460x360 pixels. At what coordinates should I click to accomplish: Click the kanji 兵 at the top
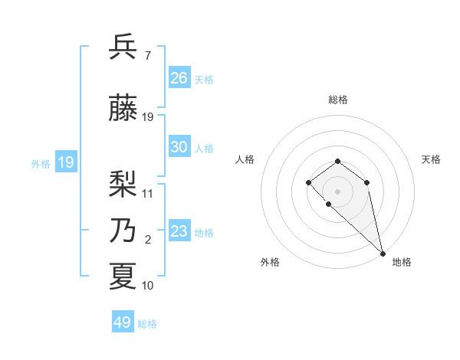[x=123, y=47]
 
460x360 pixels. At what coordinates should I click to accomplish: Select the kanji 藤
[x=123, y=109]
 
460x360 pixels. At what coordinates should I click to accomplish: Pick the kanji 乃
[x=123, y=231]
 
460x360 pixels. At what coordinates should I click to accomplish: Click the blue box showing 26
[x=179, y=78]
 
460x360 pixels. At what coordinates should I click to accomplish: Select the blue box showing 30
[x=179, y=147]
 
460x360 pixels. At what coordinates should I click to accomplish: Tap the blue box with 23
[x=179, y=231]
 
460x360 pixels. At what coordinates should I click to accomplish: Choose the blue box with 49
[x=123, y=322]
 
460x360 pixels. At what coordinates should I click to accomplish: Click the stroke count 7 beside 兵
[x=147, y=56]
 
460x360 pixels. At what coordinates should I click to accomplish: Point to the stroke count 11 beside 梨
[x=148, y=194]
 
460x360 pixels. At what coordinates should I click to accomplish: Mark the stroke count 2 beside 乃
[x=147, y=240]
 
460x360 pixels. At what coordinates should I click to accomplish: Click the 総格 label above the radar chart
[x=338, y=100]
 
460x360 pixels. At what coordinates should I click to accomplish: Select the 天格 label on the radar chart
[x=431, y=159]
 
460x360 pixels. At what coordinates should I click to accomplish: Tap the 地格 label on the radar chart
[x=402, y=262]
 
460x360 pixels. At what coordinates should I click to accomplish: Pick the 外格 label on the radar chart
[x=270, y=262]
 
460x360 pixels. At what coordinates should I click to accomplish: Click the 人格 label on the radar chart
[x=245, y=159]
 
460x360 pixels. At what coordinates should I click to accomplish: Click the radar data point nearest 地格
[x=383, y=254]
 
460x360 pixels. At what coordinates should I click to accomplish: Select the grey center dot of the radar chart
[x=338, y=191]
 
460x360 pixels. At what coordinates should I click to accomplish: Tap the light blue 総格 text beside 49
[x=147, y=324]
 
